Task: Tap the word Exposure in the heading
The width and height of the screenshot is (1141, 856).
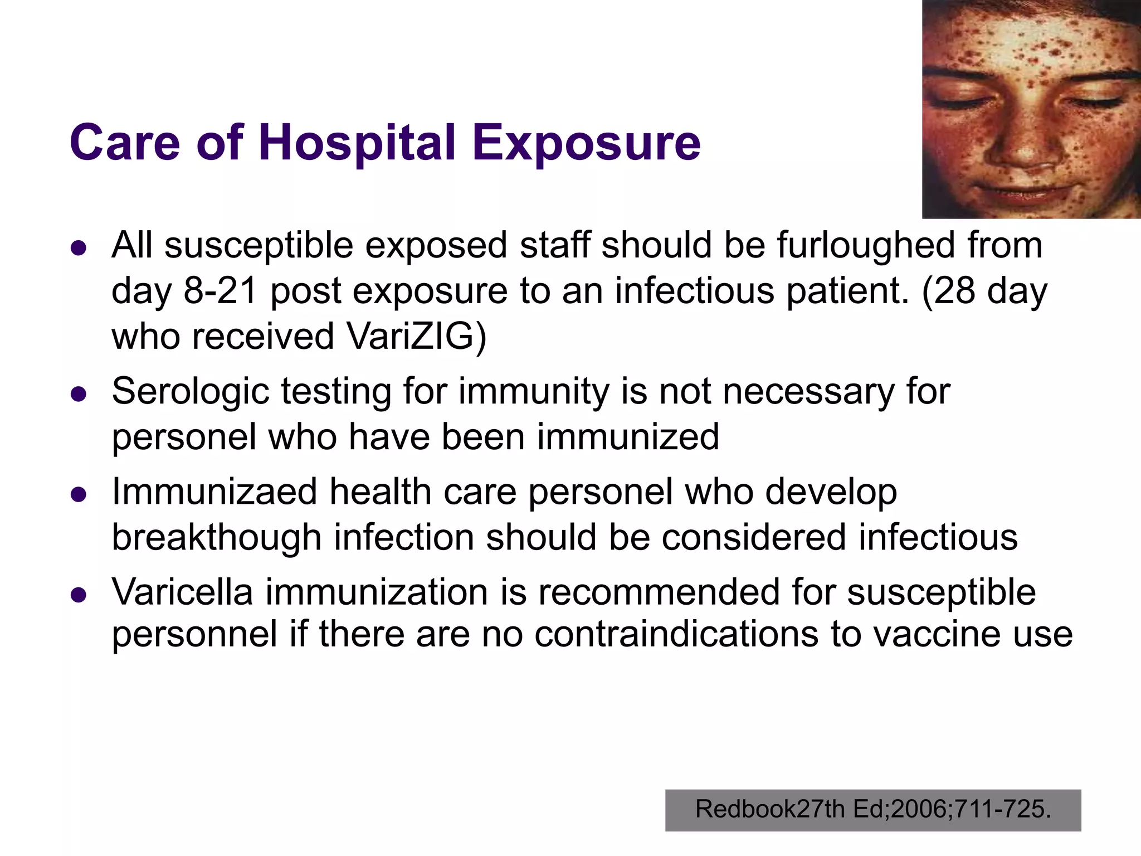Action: coord(586,144)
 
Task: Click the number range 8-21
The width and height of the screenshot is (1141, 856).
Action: coord(220,291)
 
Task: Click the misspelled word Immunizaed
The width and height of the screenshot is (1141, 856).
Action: coord(214,492)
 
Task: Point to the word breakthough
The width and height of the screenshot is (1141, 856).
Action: coord(217,537)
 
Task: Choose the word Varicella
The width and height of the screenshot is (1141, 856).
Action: coord(182,591)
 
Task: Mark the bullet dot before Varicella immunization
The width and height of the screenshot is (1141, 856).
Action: coord(79,595)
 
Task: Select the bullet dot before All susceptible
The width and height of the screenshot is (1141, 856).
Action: coord(79,248)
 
